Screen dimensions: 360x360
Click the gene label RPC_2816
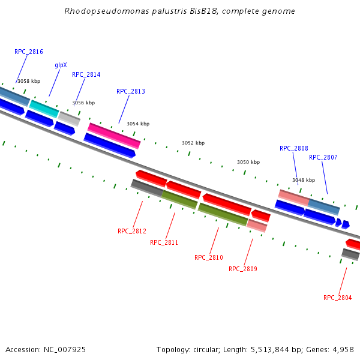[x=29, y=52]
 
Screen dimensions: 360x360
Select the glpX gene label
[x=61, y=65]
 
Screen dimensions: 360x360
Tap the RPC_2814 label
[x=86, y=75]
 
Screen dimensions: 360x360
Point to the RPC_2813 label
[x=131, y=92]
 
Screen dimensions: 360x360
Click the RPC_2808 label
[x=294, y=148]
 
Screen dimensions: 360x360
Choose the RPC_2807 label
[x=323, y=158]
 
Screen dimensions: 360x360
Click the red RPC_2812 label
[x=132, y=231]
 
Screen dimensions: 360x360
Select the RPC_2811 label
[x=164, y=242]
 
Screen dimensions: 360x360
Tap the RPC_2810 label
[x=209, y=257]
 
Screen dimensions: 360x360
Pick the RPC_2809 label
[x=243, y=269]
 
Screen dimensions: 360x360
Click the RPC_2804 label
[x=338, y=298]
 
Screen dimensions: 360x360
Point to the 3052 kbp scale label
[x=193, y=143]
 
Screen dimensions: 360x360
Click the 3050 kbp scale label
[x=248, y=162]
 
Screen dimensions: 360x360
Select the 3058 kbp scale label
[x=29, y=81]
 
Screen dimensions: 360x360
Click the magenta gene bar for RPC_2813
[x=114, y=136]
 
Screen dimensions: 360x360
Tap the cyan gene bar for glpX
[x=44, y=109]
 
